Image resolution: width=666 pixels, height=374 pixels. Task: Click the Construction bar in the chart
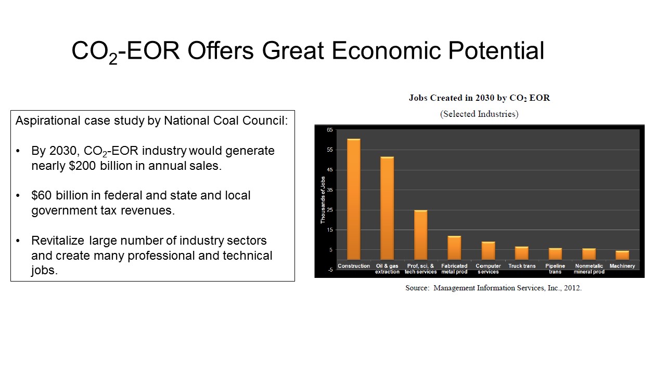pyautogui.click(x=353, y=199)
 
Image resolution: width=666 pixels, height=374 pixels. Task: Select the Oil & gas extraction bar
pyautogui.click(x=387, y=208)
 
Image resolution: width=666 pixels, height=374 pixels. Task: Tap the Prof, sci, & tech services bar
pyautogui.click(x=421, y=235)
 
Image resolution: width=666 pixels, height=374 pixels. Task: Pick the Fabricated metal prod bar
pyautogui.click(x=454, y=248)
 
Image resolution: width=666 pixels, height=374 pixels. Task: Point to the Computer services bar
pyautogui.click(x=488, y=251)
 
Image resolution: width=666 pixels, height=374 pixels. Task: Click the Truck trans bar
pyautogui.click(x=522, y=253)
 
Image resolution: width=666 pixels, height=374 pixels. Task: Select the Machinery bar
pyautogui.click(x=622, y=255)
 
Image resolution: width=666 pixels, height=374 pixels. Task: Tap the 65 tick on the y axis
pyautogui.click(x=330, y=130)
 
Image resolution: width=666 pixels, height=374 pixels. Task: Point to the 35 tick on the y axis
pyautogui.click(x=330, y=190)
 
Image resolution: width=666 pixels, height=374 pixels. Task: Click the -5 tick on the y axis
pyautogui.click(x=330, y=270)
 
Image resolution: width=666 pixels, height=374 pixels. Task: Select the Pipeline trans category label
pyautogui.click(x=555, y=269)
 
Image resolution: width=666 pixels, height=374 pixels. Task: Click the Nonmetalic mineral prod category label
pyautogui.click(x=589, y=269)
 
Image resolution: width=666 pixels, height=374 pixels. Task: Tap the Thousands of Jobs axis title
pyautogui.click(x=323, y=200)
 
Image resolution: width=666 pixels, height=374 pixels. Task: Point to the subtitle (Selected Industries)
pyautogui.click(x=479, y=114)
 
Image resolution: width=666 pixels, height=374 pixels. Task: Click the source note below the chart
pyautogui.click(x=494, y=288)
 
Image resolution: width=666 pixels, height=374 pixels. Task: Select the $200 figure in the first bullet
pyautogui.click(x=82, y=166)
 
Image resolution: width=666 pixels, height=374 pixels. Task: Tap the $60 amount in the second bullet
pyautogui.click(x=42, y=195)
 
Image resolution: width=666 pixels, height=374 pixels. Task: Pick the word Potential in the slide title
pyautogui.click(x=496, y=50)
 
